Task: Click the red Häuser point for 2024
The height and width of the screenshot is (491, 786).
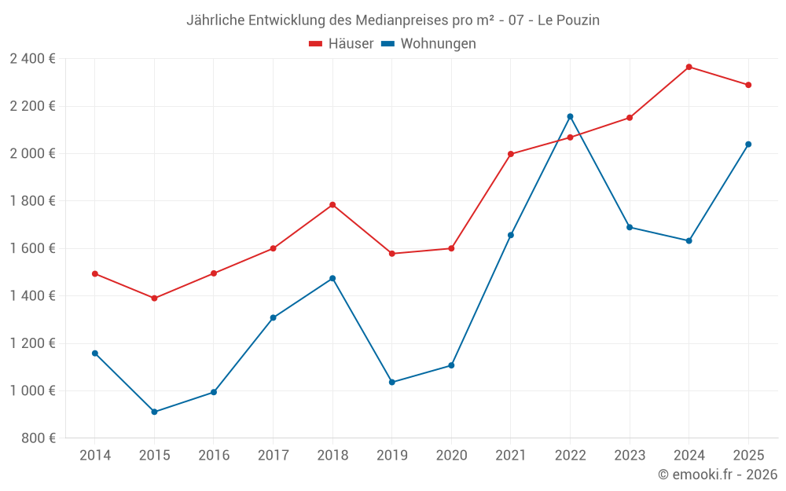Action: [689, 67]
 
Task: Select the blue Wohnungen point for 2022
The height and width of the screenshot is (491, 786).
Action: [570, 116]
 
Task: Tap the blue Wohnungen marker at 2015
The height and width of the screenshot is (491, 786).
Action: [154, 412]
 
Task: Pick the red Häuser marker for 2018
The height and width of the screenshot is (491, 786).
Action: [332, 205]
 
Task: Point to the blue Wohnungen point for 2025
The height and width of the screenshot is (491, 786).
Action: [748, 144]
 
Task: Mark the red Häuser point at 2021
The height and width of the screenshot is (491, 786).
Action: [511, 154]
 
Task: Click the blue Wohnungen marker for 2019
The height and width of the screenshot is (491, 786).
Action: [392, 383]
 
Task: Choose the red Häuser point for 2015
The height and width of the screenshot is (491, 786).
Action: [154, 299]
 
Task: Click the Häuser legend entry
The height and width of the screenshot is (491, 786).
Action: [341, 44]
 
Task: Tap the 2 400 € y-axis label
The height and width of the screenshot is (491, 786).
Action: [32, 59]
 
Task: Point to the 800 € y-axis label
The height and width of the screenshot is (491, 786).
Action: [37, 438]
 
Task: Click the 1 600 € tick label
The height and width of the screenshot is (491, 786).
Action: [32, 248]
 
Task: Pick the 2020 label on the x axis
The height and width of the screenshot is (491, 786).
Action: [451, 456]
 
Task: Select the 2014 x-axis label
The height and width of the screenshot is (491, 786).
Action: [95, 456]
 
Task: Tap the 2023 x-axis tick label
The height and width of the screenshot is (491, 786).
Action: [630, 456]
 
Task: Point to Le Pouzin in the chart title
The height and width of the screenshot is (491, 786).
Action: [568, 20]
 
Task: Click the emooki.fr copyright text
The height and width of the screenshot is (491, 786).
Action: [718, 475]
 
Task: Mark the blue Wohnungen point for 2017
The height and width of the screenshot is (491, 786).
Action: [273, 318]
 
